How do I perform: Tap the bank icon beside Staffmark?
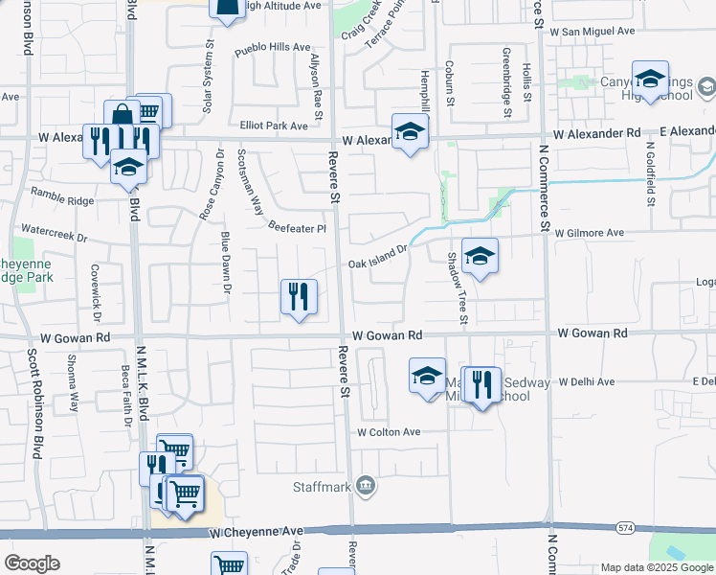[x=365, y=487]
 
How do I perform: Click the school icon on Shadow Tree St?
[x=480, y=256]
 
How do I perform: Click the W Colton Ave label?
[x=389, y=432]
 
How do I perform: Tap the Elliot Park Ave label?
[x=274, y=126]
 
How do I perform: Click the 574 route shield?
[x=624, y=527]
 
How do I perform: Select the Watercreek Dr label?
[x=54, y=232]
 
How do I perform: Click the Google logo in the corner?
[x=32, y=563]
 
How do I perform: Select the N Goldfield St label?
[x=649, y=174]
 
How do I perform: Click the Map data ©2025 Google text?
[x=657, y=567]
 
